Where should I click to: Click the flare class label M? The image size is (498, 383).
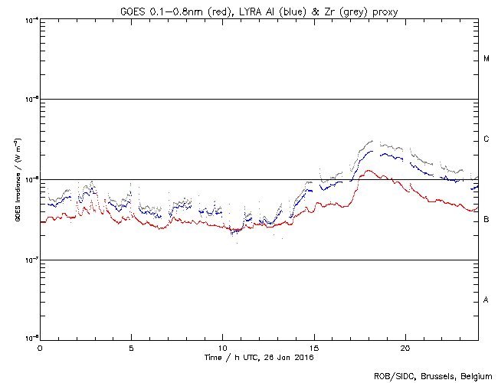pyautogui.click(x=487, y=59)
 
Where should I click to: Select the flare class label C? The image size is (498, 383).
pyautogui.click(x=487, y=139)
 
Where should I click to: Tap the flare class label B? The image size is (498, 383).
pyautogui.click(x=487, y=220)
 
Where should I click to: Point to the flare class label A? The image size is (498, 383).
pyautogui.click(x=487, y=300)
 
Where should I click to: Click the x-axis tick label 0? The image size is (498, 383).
pyautogui.click(x=40, y=348)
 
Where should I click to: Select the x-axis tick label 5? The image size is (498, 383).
pyautogui.click(x=131, y=348)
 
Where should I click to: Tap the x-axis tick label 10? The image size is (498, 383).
pyautogui.click(x=222, y=348)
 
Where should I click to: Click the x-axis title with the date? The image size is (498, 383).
pyautogui.click(x=258, y=358)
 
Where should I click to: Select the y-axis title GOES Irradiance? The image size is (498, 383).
pyautogui.click(x=15, y=179)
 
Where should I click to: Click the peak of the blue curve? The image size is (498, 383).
pyautogui.click(x=372, y=152)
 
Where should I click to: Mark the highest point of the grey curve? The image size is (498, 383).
pyautogui.click(x=372, y=141)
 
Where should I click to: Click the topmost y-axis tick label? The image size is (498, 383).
pyautogui.click(x=31, y=19)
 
